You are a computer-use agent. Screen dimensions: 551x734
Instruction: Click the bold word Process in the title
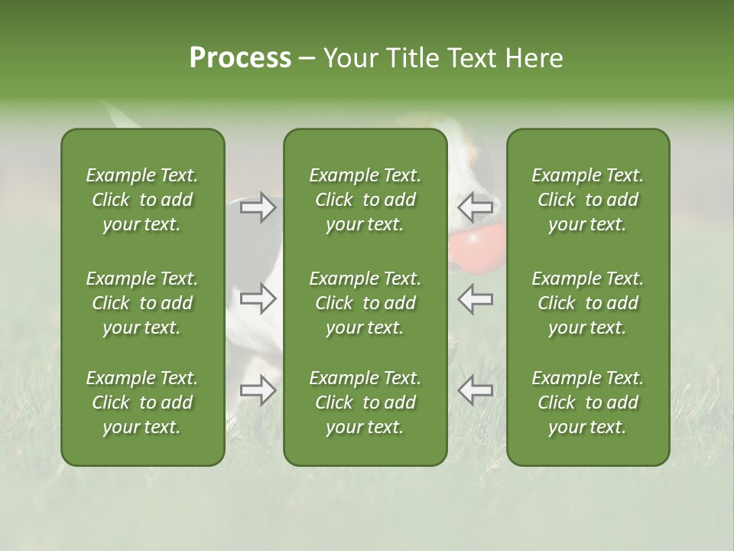[240, 58]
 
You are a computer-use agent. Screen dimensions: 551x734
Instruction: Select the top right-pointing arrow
[258, 207]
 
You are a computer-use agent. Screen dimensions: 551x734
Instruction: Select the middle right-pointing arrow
[258, 298]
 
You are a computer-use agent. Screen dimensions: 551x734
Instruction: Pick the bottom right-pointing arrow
[258, 390]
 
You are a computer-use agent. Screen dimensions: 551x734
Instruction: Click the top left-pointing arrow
[475, 207]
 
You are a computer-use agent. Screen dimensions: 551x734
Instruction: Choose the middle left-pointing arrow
[475, 298]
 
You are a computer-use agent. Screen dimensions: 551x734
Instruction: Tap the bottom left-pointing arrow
[475, 390]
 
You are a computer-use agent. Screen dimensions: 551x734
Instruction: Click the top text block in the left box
[142, 200]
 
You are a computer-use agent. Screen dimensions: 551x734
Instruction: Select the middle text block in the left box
[142, 303]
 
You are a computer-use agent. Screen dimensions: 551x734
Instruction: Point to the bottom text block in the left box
[142, 403]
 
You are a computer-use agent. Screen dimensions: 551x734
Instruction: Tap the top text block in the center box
[365, 200]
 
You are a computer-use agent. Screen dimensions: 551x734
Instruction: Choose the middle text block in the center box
[365, 303]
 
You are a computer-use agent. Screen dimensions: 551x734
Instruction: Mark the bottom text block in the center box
[365, 403]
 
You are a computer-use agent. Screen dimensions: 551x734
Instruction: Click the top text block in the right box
[588, 200]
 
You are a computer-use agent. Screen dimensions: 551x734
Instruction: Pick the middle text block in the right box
[588, 303]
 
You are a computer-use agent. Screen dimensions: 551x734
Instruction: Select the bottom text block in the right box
[588, 403]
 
